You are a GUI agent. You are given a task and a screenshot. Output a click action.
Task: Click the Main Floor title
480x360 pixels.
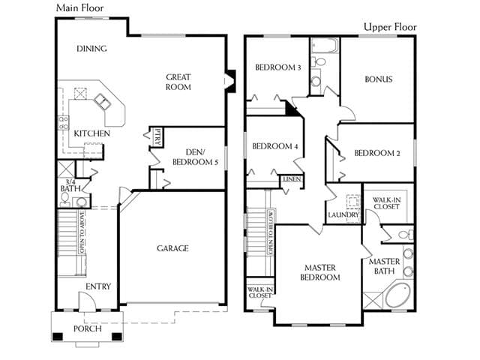[x=80, y=8]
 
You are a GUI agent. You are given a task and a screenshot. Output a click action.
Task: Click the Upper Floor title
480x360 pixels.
[x=390, y=27]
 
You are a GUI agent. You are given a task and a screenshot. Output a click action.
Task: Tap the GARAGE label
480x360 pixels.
[x=172, y=248]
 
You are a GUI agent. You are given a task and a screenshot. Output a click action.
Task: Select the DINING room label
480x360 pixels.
[x=91, y=49]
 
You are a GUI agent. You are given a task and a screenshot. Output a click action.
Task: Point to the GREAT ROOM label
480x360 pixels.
[x=178, y=82]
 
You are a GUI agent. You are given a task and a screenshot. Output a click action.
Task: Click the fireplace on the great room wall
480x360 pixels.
[x=230, y=81]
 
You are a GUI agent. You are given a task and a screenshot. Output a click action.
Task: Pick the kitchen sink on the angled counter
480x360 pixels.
[x=103, y=101]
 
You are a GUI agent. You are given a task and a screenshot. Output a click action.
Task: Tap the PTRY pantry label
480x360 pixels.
[x=157, y=136]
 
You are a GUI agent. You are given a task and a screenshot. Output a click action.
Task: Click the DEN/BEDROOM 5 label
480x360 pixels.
[x=195, y=157]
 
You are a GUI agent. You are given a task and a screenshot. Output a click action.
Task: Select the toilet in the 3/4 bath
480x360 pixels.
[x=65, y=200]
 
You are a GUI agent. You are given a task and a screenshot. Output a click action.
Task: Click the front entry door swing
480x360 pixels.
[x=87, y=301]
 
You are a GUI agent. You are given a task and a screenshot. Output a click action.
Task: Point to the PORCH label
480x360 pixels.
[x=88, y=328]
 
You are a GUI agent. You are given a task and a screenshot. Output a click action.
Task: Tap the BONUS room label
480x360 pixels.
[x=379, y=79]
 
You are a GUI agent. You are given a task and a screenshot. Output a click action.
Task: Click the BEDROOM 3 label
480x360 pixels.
[x=278, y=67]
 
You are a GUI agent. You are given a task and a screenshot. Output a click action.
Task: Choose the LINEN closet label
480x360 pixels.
[x=292, y=179]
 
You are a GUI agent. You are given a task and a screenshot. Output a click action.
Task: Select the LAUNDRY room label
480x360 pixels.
[x=343, y=215]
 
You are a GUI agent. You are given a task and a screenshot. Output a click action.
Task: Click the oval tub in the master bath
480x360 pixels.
[x=397, y=295]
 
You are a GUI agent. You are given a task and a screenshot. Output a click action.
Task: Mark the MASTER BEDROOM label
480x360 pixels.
[x=320, y=272]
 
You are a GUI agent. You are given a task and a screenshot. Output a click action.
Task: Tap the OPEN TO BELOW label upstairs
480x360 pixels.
[x=270, y=232]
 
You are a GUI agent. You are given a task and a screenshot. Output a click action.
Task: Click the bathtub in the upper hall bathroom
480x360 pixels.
[x=325, y=46]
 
